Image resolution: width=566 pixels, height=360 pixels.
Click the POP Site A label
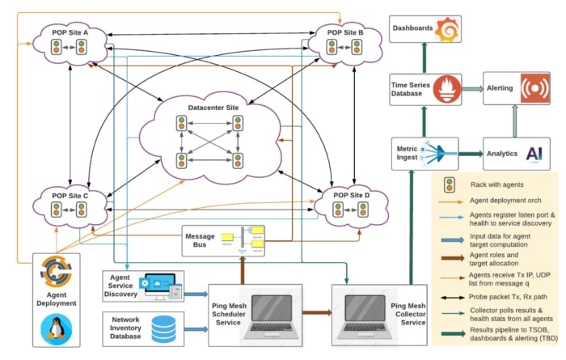coord(69,32)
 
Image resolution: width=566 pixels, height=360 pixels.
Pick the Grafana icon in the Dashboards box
coord(447,29)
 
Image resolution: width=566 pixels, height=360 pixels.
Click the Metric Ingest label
coord(406,153)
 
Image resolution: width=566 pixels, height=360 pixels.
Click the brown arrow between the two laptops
coord(317,311)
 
